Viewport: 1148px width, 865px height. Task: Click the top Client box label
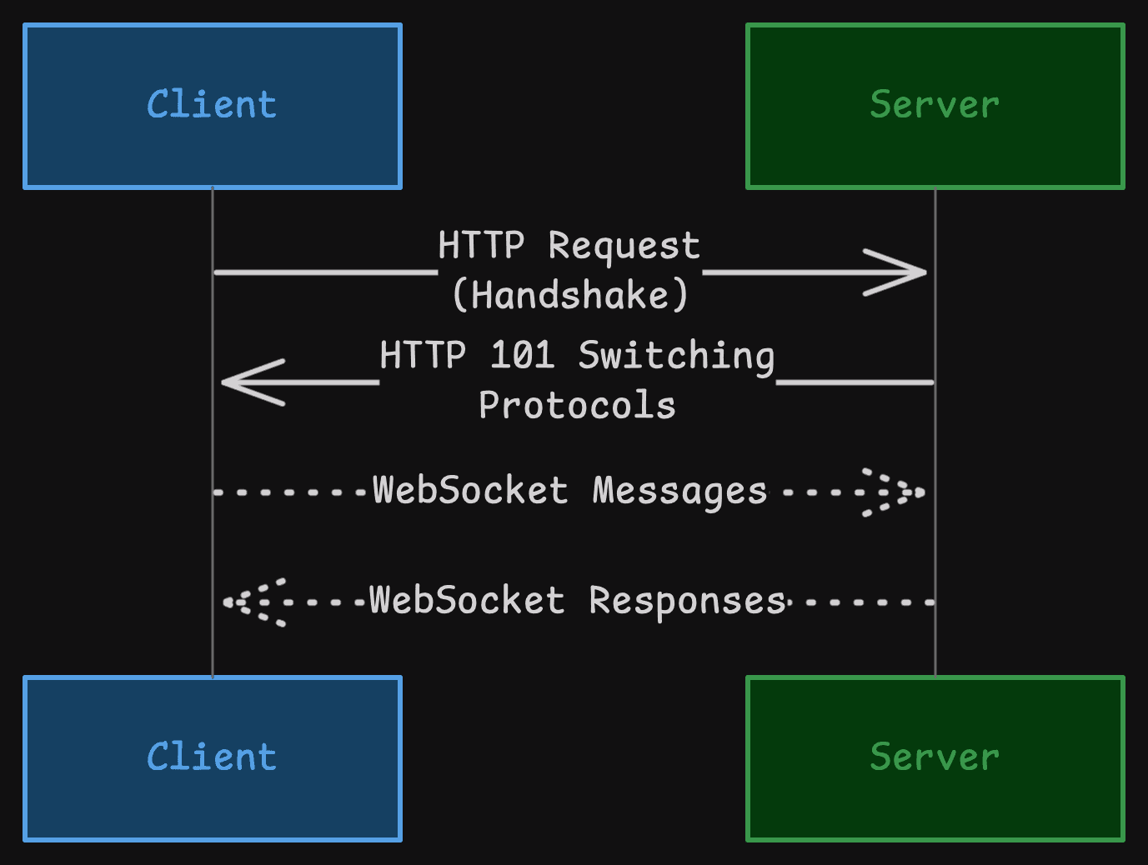[x=212, y=105]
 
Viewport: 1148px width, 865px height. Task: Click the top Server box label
[x=934, y=105]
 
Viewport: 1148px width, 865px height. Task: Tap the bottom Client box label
[x=212, y=757]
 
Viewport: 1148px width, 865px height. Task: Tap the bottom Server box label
[x=934, y=757]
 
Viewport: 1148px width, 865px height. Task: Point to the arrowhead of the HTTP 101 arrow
[x=247, y=382]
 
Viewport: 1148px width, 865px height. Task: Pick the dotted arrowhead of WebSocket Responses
[x=253, y=602]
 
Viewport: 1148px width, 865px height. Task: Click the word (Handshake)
[x=570, y=295]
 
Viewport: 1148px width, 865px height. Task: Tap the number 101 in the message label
[x=522, y=355]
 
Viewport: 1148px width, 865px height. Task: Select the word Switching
[x=676, y=356]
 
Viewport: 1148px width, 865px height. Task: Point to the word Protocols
[x=577, y=406]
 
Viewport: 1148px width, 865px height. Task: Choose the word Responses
[x=687, y=601]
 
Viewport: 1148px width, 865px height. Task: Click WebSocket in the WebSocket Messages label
[x=470, y=490]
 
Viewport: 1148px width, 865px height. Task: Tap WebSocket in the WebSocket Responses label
[x=467, y=600]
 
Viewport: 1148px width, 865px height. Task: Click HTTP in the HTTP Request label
[x=481, y=246]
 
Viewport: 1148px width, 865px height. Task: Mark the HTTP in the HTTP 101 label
[x=423, y=355]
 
